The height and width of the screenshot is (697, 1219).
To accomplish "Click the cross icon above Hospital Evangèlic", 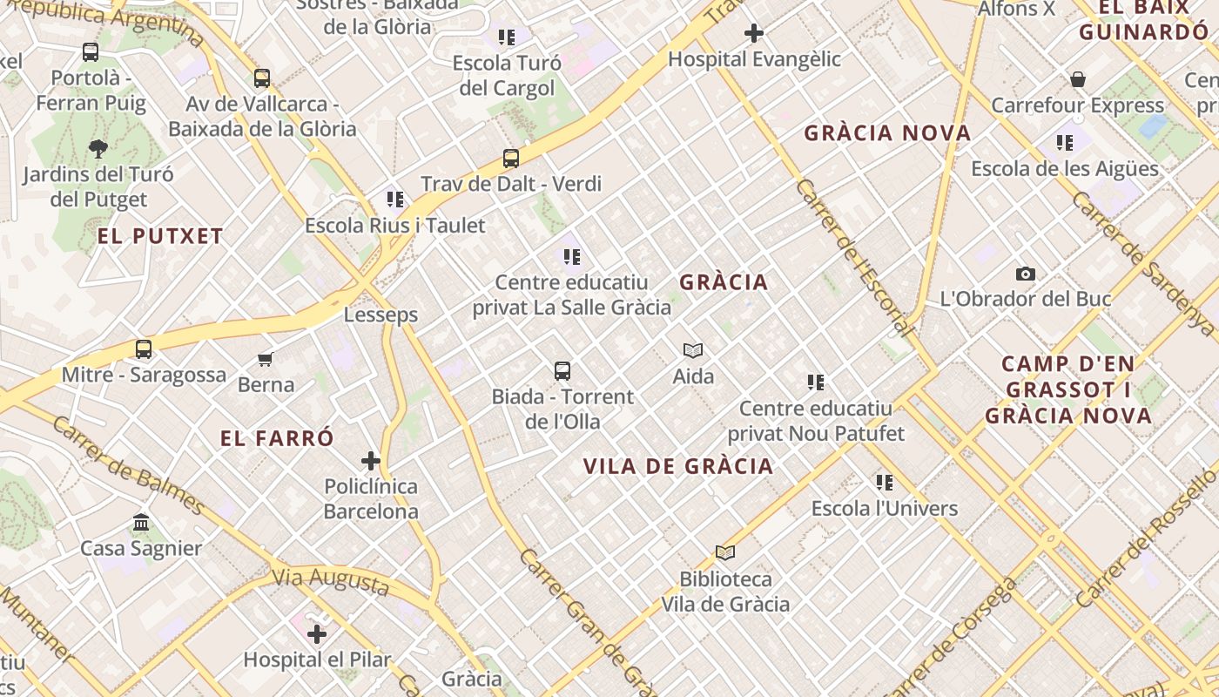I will click(754, 33).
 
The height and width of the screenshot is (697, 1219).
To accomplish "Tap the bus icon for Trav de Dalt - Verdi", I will click(511, 159).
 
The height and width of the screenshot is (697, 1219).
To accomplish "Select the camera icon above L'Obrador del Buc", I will click(1026, 274).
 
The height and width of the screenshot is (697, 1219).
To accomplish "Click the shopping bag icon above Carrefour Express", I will click(1078, 80).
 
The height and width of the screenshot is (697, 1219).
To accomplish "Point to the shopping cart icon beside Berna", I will click(266, 359).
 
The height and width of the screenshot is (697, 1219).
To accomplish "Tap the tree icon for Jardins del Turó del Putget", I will click(98, 149).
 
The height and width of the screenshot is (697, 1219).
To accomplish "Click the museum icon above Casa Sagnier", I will click(141, 523).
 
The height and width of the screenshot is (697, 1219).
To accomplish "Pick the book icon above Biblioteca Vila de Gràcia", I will click(725, 552).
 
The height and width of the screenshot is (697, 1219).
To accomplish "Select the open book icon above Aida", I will click(693, 350).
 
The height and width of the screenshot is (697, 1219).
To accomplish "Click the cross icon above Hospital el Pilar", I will click(317, 634).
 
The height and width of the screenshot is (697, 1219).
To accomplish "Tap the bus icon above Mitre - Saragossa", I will click(144, 349).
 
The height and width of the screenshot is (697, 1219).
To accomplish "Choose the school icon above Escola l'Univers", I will click(885, 482).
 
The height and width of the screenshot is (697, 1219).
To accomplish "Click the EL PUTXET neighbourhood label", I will click(160, 236).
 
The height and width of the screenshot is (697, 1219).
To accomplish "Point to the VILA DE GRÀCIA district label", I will click(678, 466).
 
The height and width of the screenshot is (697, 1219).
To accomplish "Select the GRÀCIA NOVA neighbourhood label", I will click(887, 133).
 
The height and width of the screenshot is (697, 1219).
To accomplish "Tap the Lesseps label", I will click(381, 315).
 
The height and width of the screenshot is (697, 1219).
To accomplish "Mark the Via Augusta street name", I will click(330, 581).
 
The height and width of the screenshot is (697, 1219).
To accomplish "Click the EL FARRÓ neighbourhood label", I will click(277, 438).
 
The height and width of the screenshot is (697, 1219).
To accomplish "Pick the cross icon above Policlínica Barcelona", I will click(371, 460).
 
